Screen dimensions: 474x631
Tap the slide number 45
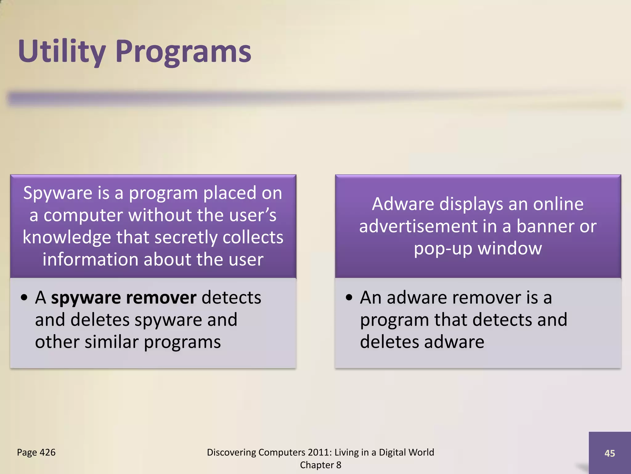pos(609,453)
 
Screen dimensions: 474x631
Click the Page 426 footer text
pos(36,452)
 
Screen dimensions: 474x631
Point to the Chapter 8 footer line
pos(320,465)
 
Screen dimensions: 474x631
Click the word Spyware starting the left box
pos(58,193)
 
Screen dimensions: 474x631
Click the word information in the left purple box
pos(90,260)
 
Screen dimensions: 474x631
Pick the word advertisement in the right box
pos(418,226)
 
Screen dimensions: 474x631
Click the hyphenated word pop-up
pos(443,249)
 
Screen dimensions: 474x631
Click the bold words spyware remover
pos(124,298)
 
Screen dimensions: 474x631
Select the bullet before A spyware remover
pos(24,298)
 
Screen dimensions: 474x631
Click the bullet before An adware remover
pos(349,298)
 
